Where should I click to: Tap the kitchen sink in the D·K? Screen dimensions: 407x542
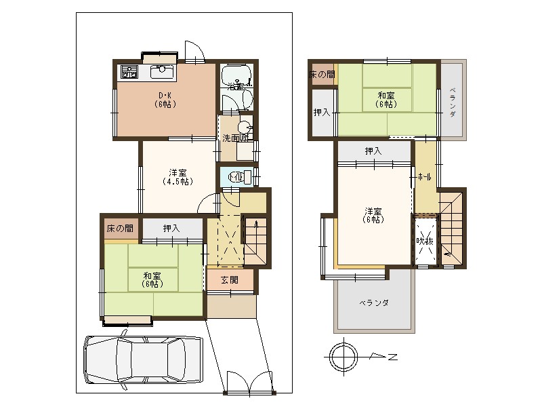[x=163, y=71]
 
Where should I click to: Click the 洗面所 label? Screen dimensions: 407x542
[x=234, y=138]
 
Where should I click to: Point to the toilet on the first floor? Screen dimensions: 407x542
[x=238, y=177]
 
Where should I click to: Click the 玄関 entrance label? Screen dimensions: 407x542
[x=229, y=280]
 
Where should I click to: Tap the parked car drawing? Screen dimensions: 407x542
[x=142, y=361]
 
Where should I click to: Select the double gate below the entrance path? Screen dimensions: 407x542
[x=251, y=383]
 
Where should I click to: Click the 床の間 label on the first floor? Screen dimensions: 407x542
[x=120, y=229]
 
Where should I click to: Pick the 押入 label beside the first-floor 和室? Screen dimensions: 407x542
[x=171, y=229]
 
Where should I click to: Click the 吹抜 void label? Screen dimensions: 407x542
[x=425, y=241]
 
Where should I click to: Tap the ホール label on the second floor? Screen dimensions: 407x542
[x=425, y=177]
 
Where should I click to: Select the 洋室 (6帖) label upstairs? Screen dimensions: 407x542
[x=373, y=214]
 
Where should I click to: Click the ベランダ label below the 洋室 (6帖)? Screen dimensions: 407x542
[x=373, y=303]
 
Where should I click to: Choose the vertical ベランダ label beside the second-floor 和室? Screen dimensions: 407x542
[x=453, y=102]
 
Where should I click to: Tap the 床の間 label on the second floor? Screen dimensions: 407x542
[x=321, y=74]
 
